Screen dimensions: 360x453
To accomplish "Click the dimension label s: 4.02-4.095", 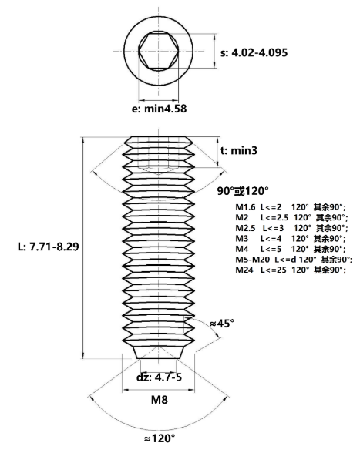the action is pyautogui.click(x=254, y=52).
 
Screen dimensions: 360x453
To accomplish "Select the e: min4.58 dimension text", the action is pyautogui.click(x=160, y=109).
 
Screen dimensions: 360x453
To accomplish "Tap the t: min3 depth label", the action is pyautogui.click(x=238, y=150).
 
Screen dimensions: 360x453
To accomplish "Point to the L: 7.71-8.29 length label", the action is pyautogui.click(x=49, y=247).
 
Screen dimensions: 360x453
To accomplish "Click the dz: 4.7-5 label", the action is pyautogui.click(x=160, y=377).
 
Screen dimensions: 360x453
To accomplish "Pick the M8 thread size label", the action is pyautogui.click(x=160, y=400).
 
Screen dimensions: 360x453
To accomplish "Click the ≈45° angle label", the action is pyautogui.click(x=222, y=324).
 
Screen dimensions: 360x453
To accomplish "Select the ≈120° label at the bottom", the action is pyautogui.click(x=160, y=439).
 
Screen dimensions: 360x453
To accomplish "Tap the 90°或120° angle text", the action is pyautogui.click(x=243, y=191).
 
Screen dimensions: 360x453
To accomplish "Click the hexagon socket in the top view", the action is pyautogui.click(x=158, y=51).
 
